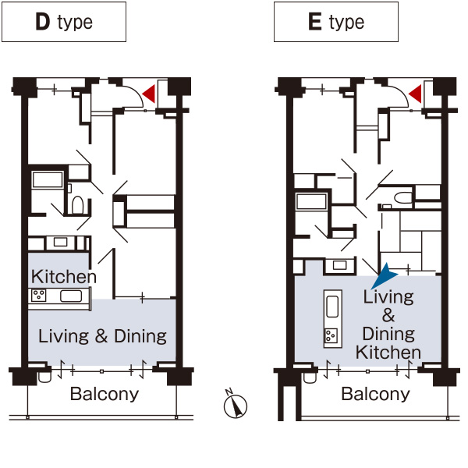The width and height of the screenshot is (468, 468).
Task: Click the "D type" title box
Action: point(64,22)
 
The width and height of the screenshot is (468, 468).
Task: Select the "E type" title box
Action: point(336,22)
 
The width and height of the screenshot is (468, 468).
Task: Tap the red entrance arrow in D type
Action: point(149,94)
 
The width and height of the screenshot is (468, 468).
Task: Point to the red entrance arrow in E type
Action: point(415,94)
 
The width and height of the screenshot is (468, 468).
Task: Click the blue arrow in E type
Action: point(384,276)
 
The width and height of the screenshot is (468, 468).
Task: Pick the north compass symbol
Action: point(236,404)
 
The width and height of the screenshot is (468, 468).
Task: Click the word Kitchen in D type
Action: point(64,277)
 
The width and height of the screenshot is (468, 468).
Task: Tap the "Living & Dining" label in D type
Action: point(102,336)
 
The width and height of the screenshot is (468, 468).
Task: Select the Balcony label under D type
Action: point(105,394)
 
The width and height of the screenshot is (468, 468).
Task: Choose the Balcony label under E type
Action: point(375,394)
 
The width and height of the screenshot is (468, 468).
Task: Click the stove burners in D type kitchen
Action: point(39,296)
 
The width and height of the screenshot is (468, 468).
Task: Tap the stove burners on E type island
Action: point(331,335)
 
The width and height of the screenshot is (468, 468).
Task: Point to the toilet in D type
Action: point(77,204)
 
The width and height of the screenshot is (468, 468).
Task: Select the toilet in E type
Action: point(402,197)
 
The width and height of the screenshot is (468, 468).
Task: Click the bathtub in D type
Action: point(48,179)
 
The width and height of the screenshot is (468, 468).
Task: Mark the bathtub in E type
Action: point(311,201)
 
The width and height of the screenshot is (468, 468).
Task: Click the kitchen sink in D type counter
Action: point(71,296)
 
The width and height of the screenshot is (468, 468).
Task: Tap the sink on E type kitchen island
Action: point(332,307)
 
